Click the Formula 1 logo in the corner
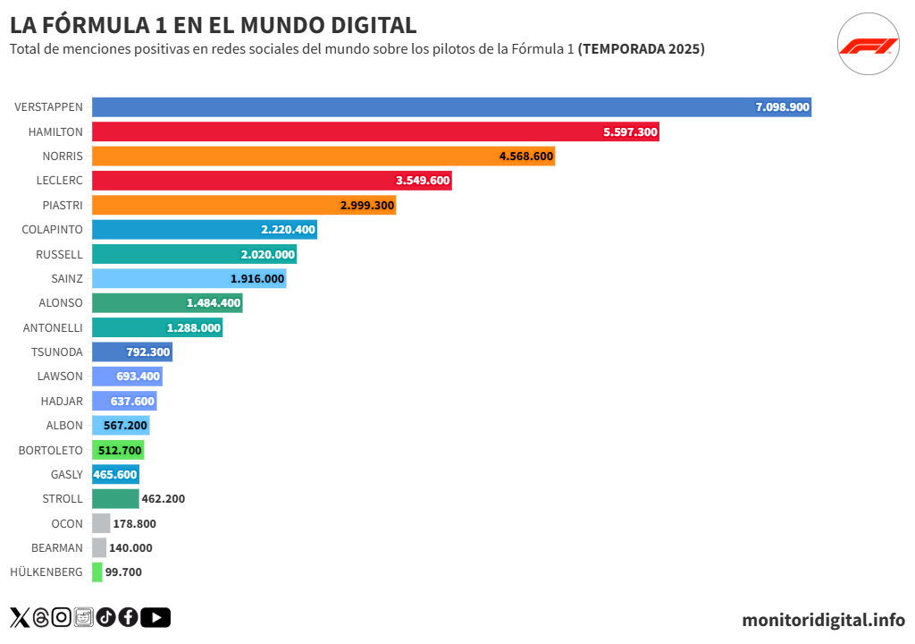click(x=868, y=46)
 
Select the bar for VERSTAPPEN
click(x=451, y=107)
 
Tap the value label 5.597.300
click(x=630, y=131)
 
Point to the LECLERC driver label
click(x=60, y=181)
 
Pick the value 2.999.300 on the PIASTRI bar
click(x=367, y=206)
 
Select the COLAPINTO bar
click(x=204, y=230)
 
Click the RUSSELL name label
click(x=59, y=254)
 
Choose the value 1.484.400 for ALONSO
click(x=214, y=303)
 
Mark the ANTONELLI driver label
click(x=53, y=328)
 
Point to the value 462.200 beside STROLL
click(x=164, y=499)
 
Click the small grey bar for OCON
click(x=101, y=523)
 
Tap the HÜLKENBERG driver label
click(x=46, y=572)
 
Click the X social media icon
click(x=19, y=617)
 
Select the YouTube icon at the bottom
click(x=155, y=617)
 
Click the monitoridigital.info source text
click(x=823, y=620)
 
